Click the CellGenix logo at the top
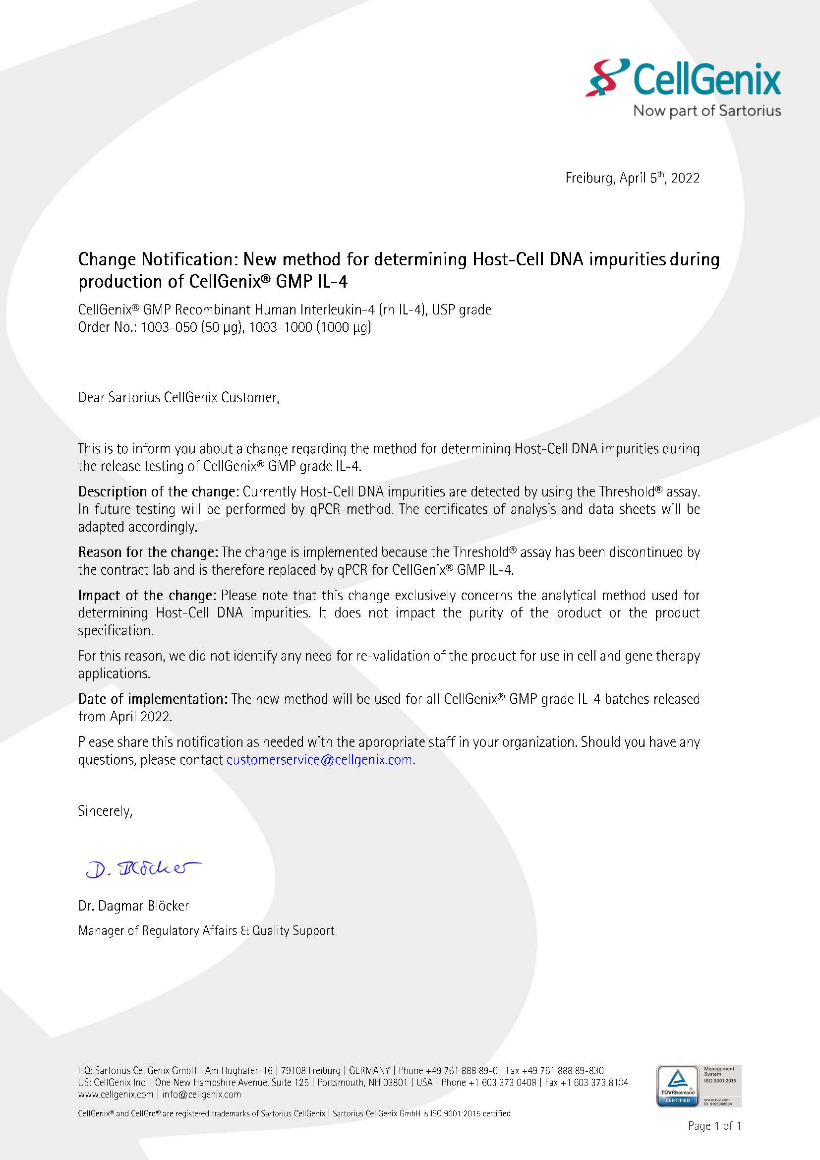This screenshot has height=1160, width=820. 683,78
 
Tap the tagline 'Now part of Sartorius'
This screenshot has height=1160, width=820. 707,111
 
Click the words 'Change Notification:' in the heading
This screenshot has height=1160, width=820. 158,259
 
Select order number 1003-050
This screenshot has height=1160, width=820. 169,327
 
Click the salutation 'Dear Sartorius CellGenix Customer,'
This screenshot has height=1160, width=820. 179,398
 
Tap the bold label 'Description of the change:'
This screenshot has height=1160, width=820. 158,491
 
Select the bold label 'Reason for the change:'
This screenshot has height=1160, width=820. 148,552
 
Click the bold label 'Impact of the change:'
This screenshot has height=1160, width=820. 147,595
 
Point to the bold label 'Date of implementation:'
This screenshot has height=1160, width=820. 153,699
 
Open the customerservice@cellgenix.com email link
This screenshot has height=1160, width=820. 319,760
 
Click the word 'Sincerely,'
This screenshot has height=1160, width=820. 105,811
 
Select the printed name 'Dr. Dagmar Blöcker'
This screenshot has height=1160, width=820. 133,906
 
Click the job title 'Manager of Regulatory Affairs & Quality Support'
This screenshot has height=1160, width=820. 206,930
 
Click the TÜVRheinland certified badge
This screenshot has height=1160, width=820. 678,1086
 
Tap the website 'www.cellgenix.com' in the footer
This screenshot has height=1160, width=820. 116,1095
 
